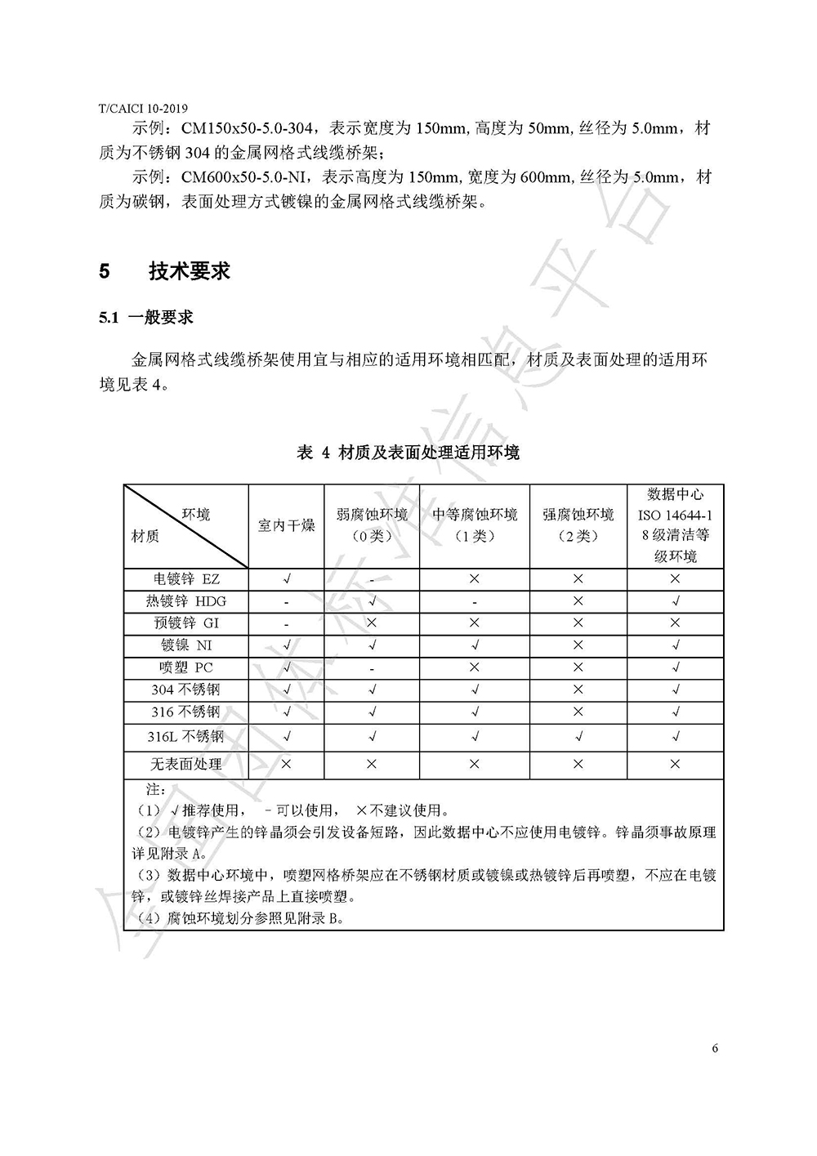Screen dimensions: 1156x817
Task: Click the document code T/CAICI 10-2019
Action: pos(143,108)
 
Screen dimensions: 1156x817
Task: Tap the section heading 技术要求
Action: pos(190,271)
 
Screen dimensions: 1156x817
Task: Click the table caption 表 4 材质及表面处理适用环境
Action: pos(408,453)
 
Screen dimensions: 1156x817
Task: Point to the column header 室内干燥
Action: pos(286,526)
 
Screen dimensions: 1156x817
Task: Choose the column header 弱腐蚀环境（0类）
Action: pos(372,525)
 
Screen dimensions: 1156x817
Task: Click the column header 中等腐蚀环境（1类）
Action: pos(474,525)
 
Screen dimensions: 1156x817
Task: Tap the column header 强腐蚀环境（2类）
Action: pos(578,525)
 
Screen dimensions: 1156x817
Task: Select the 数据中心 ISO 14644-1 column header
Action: pos(675,525)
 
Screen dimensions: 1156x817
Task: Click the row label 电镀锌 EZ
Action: pos(186,579)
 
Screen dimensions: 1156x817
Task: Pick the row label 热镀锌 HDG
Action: pos(186,601)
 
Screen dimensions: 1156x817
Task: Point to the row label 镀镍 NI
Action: pos(186,645)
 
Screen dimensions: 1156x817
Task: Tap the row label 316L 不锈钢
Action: pos(186,736)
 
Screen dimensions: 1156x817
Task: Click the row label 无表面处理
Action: pos(186,765)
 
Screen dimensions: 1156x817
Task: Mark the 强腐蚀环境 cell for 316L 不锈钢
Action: pos(578,736)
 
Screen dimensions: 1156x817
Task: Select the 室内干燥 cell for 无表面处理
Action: pos(286,765)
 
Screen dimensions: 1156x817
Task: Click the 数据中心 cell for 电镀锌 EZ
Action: pos(675,579)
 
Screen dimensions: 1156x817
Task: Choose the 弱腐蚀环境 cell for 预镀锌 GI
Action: pos(372,623)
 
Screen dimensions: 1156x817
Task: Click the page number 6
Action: pos(715,1049)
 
